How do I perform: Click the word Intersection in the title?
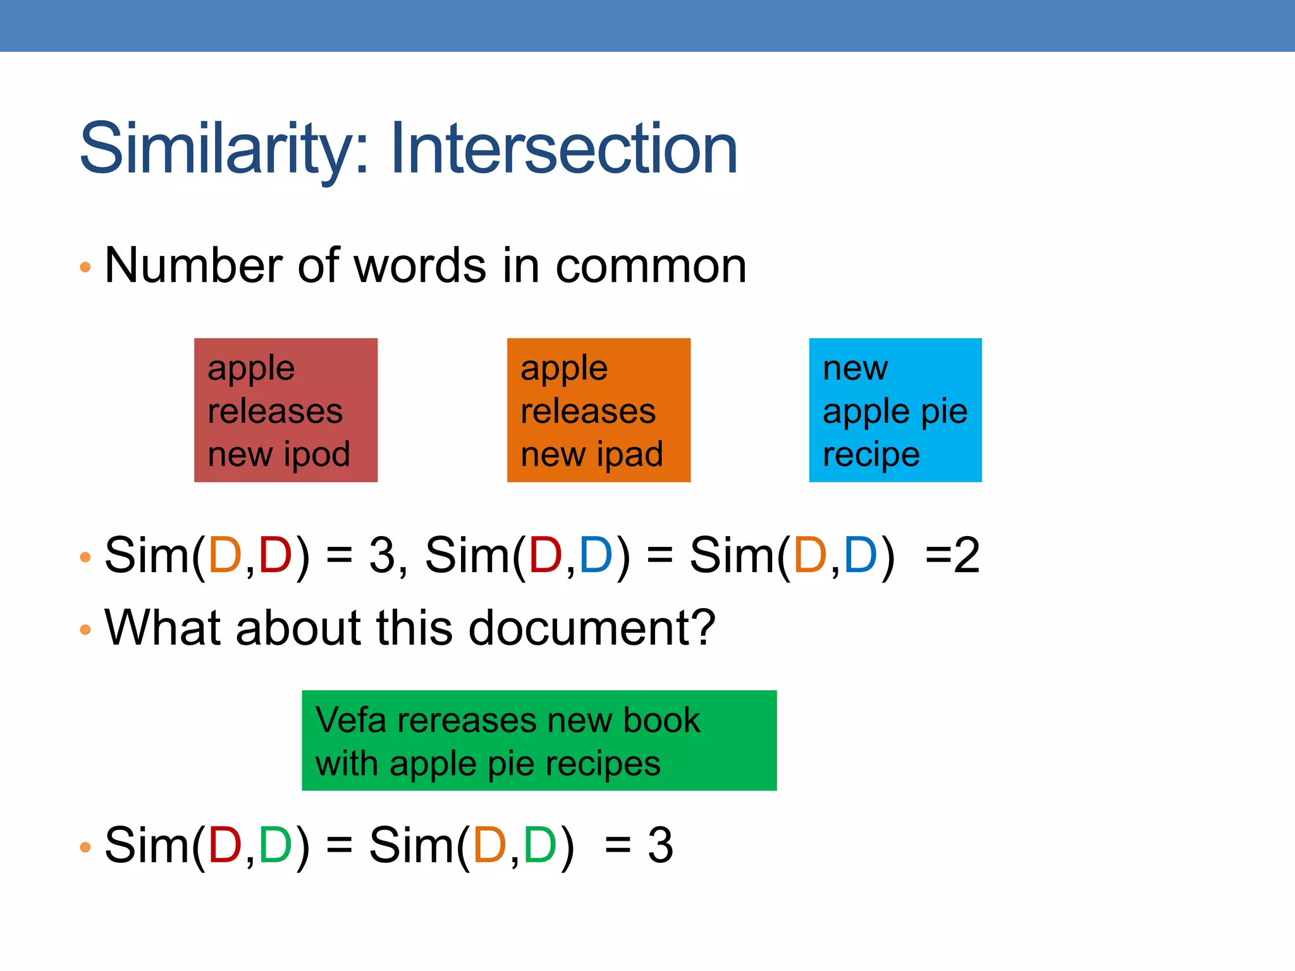pyautogui.click(x=564, y=149)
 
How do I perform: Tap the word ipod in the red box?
pyautogui.click(x=316, y=455)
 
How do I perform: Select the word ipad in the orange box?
pyautogui.click(x=629, y=455)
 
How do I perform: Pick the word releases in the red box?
pyautogui.click(x=275, y=412)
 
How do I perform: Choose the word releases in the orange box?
pyautogui.click(x=588, y=412)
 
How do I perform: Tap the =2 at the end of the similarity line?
pyautogui.click(x=952, y=556)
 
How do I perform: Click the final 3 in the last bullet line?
pyautogui.click(x=660, y=846)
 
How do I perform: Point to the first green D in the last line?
pyautogui.click(x=274, y=846)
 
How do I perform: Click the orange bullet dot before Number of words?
pyautogui.click(x=85, y=267)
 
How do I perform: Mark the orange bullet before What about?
pyautogui.click(x=85, y=630)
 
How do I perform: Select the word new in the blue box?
pyautogui.click(x=855, y=369)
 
